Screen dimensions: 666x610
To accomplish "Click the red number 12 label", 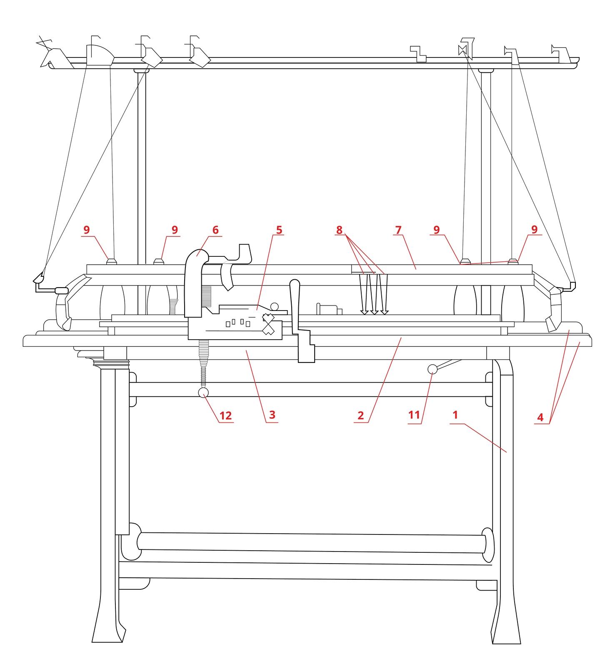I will pyautogui.click(x=225, y=415).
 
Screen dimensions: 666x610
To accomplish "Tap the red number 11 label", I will pyautogui.click(x=414, y=415).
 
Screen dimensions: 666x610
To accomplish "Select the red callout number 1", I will pyautogui.click(x=455, y=415).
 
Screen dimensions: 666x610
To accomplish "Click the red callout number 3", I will pyautogui.click(x=272, y=415).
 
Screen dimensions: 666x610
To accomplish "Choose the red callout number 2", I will pyautogui.click(x=360, y=415).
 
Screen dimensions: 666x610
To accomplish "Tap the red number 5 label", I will pyautogui.click(x=279, y=230).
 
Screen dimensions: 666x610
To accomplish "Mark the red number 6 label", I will pyautogui.click(x=215, y=230).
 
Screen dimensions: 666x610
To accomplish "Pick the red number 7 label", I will pyautogui.click(x=398, y=230).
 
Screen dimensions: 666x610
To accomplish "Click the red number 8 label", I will pyautogui.click(x=339, y=230).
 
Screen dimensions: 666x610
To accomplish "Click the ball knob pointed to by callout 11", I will pyautogui.click(x=432, y=369).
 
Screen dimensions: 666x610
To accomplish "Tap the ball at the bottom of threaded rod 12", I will pyautogui.click(x=203, y=393).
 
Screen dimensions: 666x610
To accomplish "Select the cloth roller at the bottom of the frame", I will pyautogui.click(x=312, y=543).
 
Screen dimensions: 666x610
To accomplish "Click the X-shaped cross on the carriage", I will pyautogui.click(x=268, y=324).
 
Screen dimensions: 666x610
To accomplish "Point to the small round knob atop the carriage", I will pyautogui.click(x=274, y=307).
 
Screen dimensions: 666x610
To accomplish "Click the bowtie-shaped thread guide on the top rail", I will pyautogui.click(x=462, y=50).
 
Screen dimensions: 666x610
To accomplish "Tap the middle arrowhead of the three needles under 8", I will pyautogui.click(x=374, y=312).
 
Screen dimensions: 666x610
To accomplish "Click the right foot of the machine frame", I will pyautogui.click(x=507, y=633).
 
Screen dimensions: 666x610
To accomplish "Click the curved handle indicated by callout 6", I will pyautogui.click(x=193, y=283).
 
